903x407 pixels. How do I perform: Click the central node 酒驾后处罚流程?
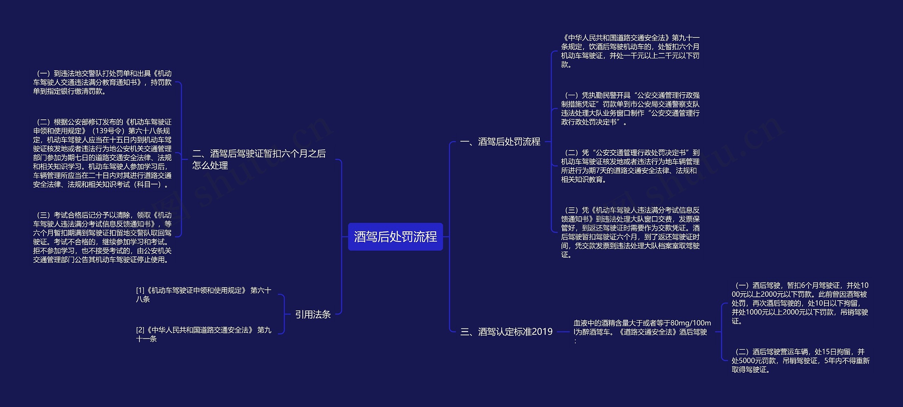point(395,237)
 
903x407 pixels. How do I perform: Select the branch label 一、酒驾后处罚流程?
point(500,142)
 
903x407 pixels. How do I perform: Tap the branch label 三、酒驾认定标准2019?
point(506,332)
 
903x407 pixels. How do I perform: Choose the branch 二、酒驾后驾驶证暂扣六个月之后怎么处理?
point(259,159)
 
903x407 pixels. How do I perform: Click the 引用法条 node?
point(313,314)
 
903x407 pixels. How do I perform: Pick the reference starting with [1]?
point(204,295)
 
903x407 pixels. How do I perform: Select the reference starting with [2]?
point(204,334)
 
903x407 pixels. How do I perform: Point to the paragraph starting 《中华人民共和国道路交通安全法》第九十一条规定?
point(630,51)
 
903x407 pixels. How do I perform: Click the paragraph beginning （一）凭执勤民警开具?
point(630,108)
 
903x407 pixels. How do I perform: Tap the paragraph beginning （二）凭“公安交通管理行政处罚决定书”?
point(630,166)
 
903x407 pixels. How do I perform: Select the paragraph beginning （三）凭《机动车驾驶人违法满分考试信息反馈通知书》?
point(630,232)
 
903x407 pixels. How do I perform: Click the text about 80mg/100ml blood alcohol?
point(642,332)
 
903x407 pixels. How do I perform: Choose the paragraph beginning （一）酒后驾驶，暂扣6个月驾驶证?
point(800,303)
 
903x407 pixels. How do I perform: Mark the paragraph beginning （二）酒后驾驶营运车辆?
point(800,361)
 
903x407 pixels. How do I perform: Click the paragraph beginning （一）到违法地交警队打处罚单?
point(102,82)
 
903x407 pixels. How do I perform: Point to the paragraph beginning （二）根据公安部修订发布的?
point(102,153)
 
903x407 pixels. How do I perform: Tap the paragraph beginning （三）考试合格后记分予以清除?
point(102,237)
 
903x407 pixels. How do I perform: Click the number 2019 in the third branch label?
point(542,332)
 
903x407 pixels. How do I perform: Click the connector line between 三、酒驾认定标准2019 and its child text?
point(563,332)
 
